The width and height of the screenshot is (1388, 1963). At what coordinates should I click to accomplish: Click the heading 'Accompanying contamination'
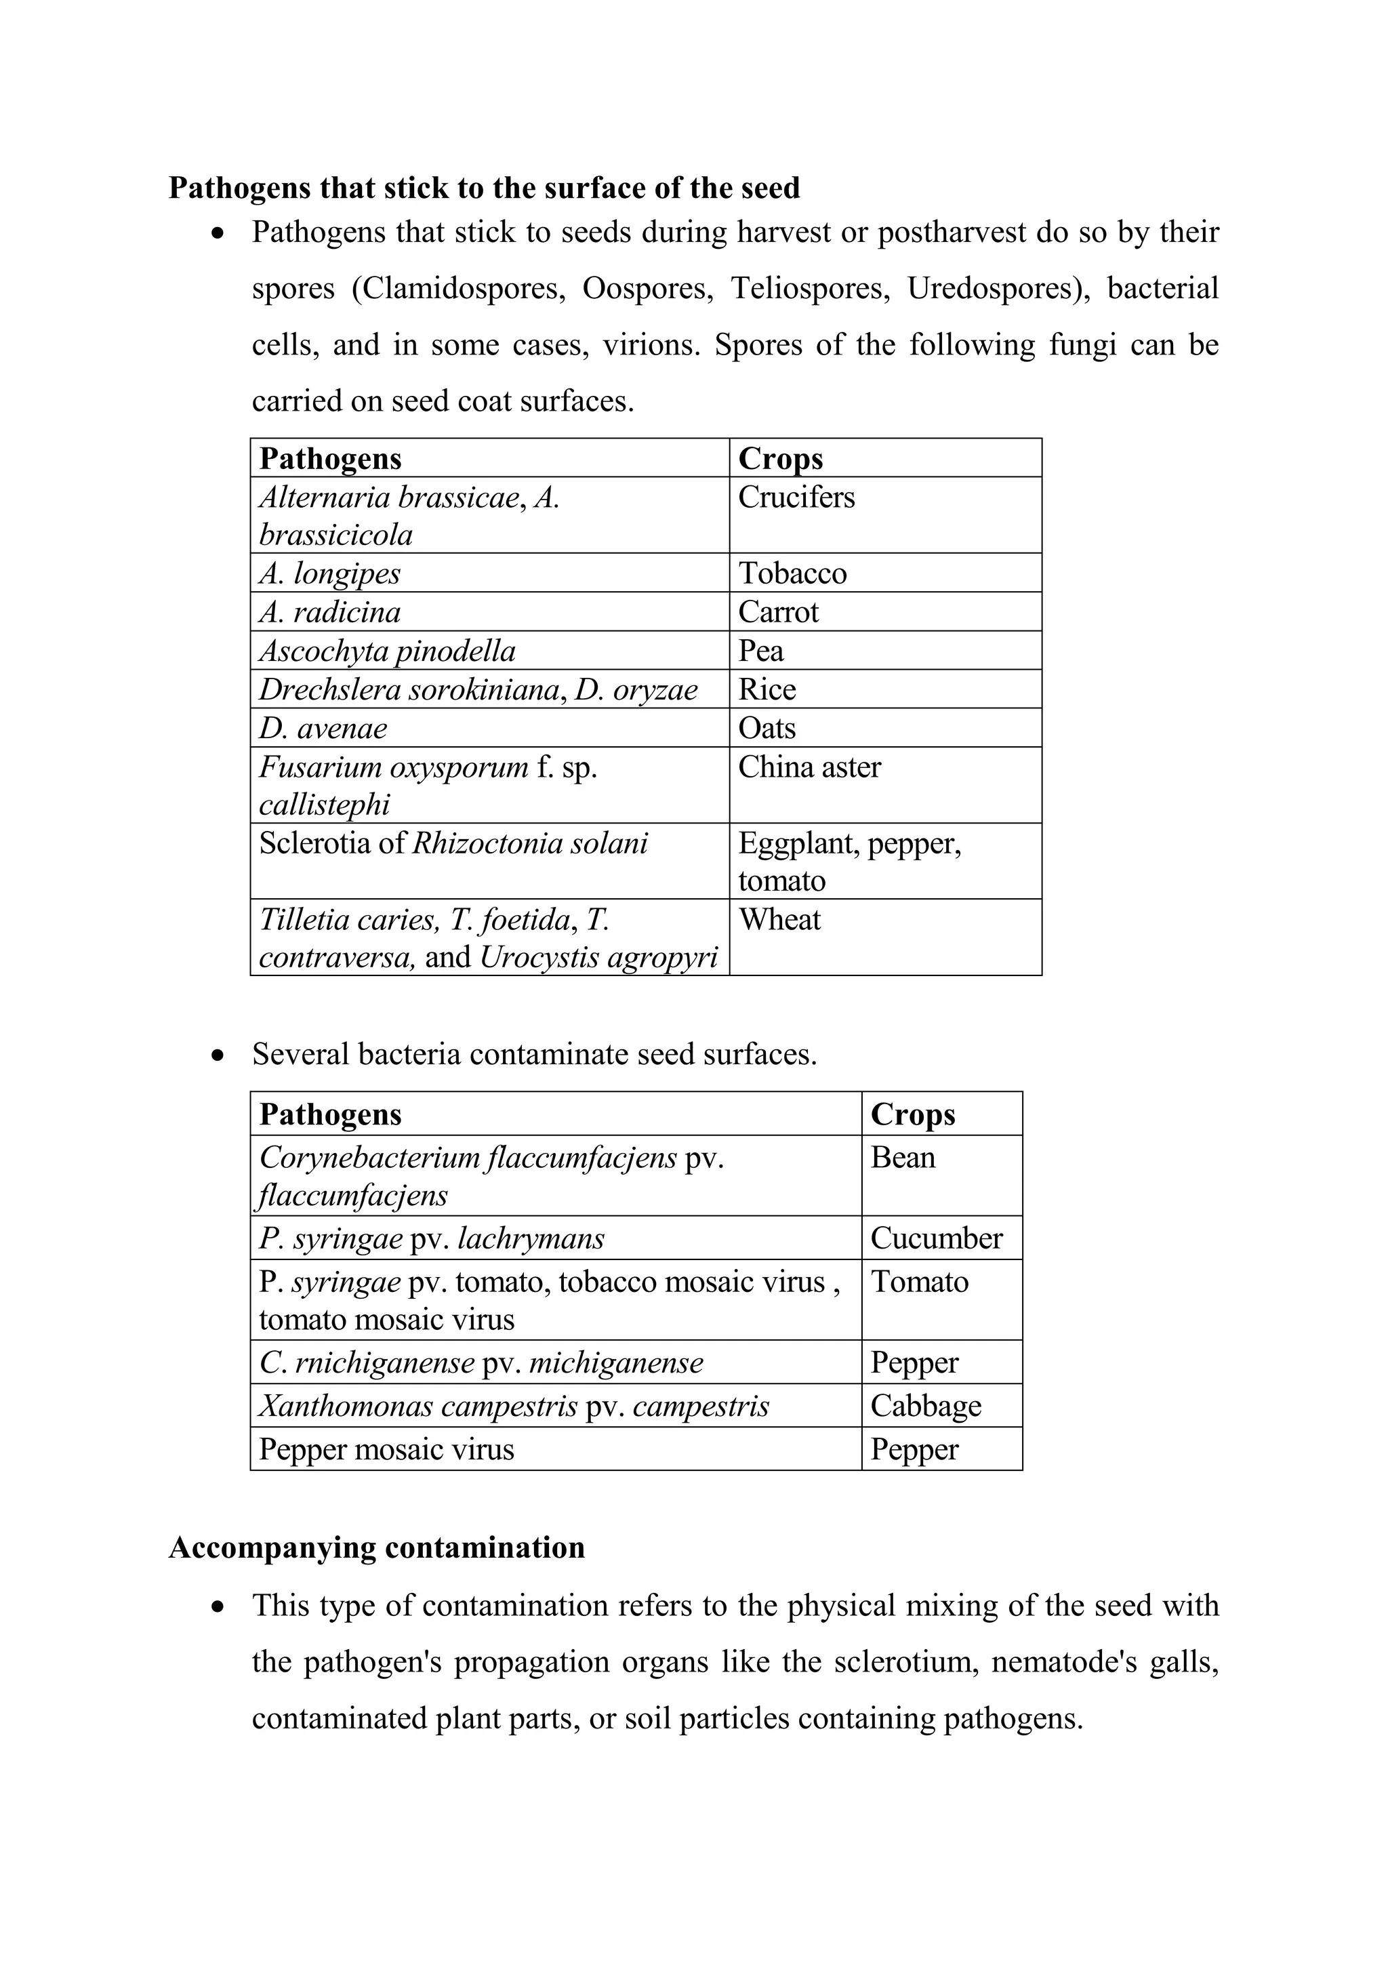point(377,1547)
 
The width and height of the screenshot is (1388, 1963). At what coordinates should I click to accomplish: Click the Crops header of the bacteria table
point(912,1114)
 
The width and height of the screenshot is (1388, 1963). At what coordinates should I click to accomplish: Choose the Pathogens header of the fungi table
point(330,459)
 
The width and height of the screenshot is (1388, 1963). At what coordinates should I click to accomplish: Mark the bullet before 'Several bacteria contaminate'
point(219,1055)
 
